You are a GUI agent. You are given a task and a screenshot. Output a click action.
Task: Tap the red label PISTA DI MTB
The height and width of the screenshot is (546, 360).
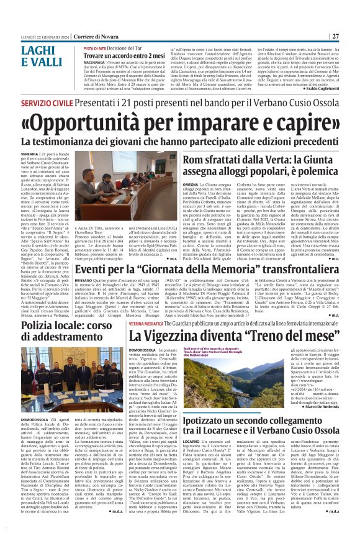pyautogui.click(x=96, y=47)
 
